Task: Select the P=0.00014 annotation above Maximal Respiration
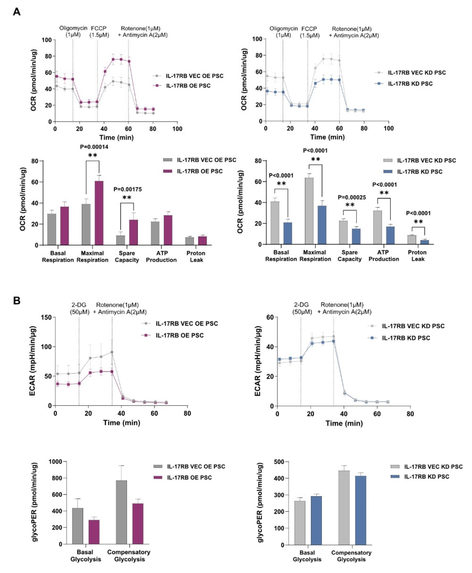(x=94, y=147)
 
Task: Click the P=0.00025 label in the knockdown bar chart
(x=352, y=197)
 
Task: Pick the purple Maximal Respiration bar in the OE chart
(x=99, y=213)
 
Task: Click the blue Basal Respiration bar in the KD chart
(x=288, y=233)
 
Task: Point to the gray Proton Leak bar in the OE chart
(x=189, y=241)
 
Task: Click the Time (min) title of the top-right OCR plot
(x=327, y=137)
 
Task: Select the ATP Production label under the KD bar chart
(x=384, y=256)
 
